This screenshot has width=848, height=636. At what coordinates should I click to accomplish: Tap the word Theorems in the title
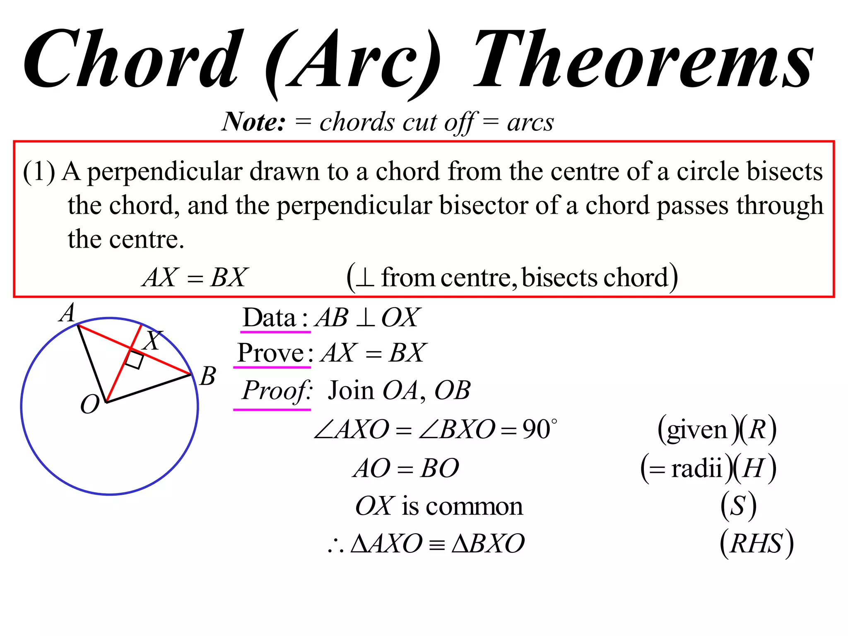click(644, 60)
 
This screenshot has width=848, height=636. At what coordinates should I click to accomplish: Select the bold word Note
click(253, 122)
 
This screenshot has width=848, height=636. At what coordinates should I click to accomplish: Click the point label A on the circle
click(67, 313)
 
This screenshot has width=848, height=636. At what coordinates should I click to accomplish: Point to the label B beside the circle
click(207, 376)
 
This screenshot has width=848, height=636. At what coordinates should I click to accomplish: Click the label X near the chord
click(152, 340)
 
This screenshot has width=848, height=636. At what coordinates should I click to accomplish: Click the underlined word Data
click(269, 318)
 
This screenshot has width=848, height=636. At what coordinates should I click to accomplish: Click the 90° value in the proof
click(539, 429)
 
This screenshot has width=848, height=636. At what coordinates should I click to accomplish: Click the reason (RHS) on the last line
click(756, 543)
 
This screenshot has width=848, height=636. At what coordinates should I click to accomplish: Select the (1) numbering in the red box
click(39, 172)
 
